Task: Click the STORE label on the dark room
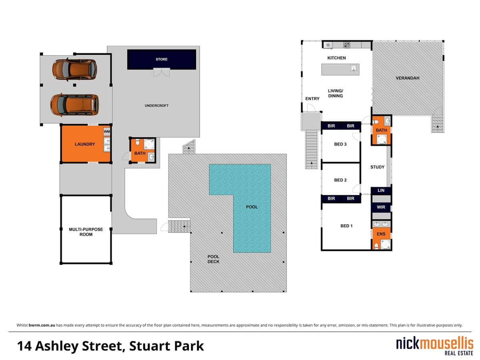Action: [162, 59]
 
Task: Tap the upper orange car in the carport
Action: [74, 68]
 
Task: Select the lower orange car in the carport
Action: [74, 104]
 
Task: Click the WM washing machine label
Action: [106, 132]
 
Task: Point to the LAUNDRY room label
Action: [84, 144]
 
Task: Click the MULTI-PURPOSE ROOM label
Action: [86, 232]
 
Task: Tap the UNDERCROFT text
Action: [156, 106]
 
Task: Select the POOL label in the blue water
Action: [252, 207]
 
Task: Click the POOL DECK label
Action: [213, 259]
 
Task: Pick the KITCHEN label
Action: [336, 58]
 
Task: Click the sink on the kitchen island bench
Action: [353, 68]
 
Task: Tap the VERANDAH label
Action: [407, 78]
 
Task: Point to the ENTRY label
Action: [312, 98]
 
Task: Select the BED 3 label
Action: [340, 144]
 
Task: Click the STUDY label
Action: [377, 167]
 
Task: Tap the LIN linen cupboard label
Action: [381, 190]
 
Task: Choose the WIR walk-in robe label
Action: [381, 207]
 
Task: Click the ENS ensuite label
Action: [381, 234]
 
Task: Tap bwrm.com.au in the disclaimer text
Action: [42, 325]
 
